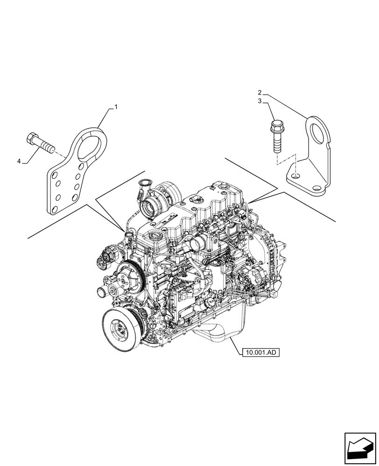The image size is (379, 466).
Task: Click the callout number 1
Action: coord(116,107)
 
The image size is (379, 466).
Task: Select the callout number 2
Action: coord(260,92)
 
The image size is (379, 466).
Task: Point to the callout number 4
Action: coord(19,161)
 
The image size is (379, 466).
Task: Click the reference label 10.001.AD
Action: coord(260,353)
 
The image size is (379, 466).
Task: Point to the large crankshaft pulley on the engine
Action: coord(118,329)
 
